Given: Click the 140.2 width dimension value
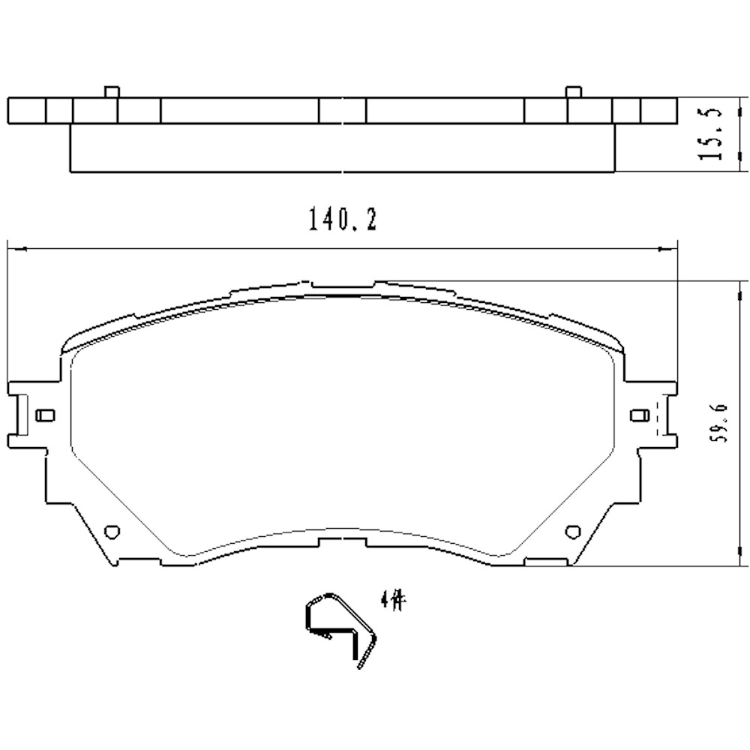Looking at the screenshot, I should point(341,220).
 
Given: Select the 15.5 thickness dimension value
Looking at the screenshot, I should point(709,133).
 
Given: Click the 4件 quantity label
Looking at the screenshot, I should point(392,600).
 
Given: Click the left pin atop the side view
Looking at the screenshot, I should point(111,91).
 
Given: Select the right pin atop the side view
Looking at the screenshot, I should point(572,91).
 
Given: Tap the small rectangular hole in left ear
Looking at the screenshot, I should point(45,415).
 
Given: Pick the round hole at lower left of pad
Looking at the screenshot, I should point(113,530).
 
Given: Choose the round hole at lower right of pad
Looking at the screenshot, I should point(575,530).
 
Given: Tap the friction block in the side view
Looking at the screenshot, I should point(341,148).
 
